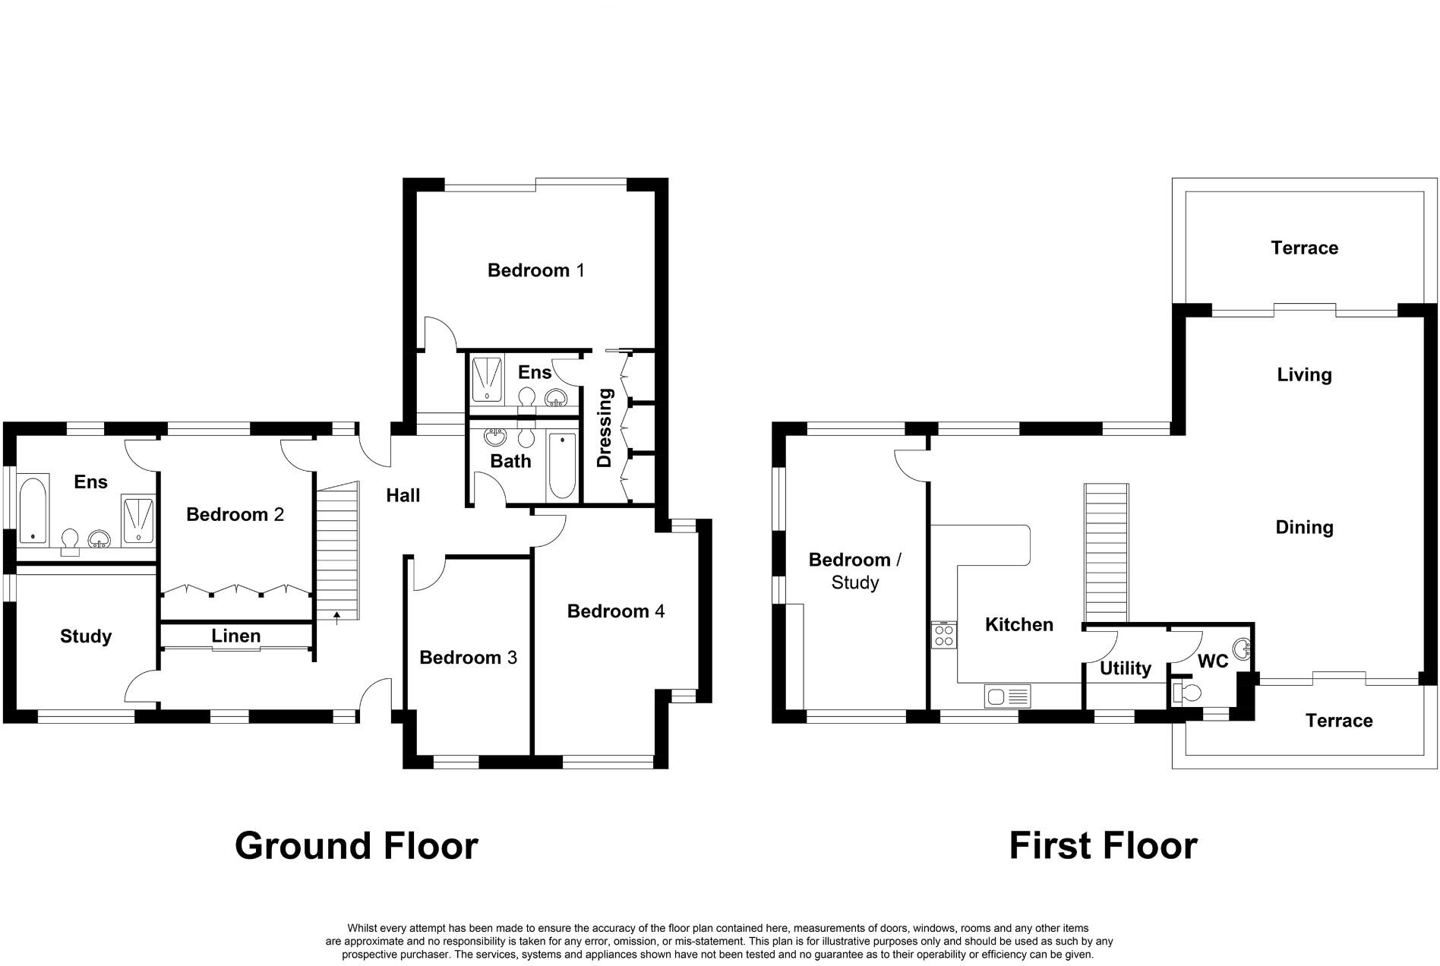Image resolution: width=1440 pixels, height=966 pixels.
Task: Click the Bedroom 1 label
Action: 535,270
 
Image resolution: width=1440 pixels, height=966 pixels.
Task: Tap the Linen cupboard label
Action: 235,636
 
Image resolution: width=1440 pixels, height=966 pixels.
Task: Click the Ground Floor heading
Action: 356,845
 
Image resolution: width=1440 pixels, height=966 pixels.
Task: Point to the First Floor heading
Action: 1103,845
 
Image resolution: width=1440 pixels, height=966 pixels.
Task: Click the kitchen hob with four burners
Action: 944,635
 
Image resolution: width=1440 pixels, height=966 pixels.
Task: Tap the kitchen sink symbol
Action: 1007,695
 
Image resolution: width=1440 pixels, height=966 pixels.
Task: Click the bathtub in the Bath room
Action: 562,466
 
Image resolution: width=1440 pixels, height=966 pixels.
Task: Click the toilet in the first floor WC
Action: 1187,693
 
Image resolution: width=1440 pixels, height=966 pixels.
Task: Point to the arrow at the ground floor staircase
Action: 336,615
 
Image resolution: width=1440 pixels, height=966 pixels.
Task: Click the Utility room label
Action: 1125,668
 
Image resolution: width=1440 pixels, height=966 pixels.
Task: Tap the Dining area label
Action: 1304,527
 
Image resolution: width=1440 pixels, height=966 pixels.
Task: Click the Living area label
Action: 1304,374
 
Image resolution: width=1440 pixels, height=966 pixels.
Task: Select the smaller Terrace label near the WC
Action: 1338,721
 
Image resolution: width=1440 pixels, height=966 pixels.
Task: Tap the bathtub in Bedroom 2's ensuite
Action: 33,510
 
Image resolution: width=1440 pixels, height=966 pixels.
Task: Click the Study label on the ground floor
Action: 86,636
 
